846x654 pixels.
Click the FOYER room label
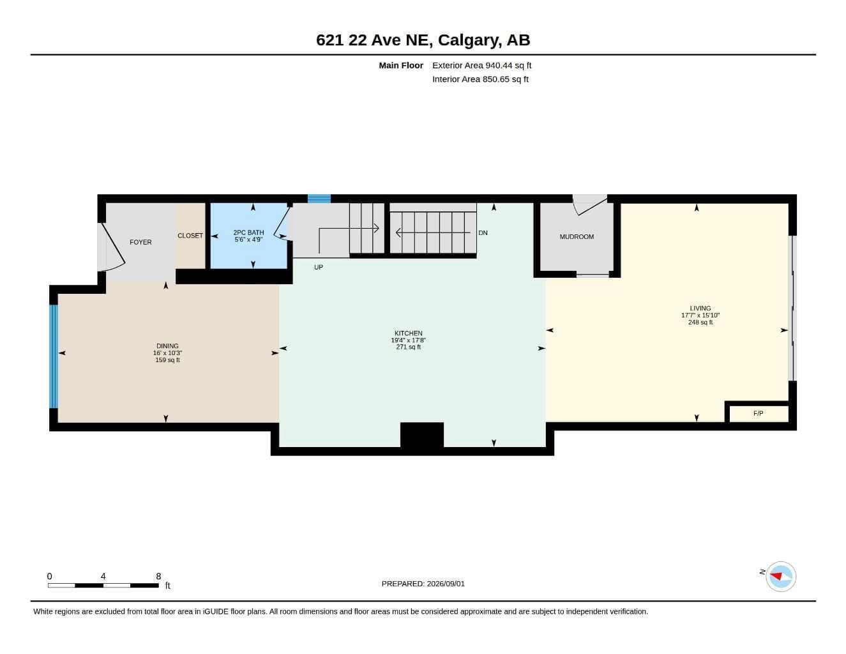[140, 242]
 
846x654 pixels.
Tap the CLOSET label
[190, 236]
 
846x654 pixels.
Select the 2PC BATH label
[248, 232]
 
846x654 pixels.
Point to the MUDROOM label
[577, 237]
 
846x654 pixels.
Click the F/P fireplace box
[759, 414]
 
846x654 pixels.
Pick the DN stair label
[483, 232]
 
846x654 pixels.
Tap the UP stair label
[319, 267]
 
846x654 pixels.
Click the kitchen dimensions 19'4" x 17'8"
[409, 340]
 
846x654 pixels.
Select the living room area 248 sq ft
[700, 323]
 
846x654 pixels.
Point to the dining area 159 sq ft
[167, 360]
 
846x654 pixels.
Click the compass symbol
[781, 577]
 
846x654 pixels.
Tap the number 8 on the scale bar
[158, 576]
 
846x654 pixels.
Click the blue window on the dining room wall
[54, 356]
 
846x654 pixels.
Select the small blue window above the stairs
[319, 199]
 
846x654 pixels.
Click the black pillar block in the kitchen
[422, 435]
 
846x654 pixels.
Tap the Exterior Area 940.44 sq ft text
[481, 65]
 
